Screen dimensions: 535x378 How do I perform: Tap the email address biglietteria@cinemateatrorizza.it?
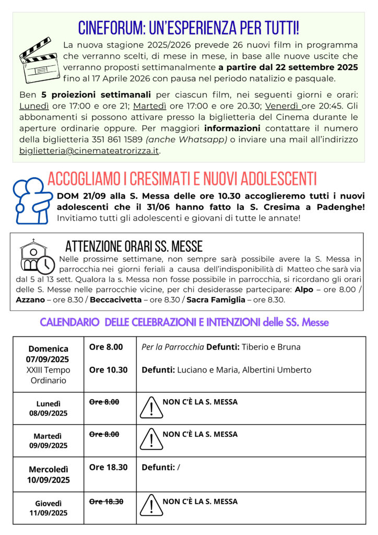[89, 151]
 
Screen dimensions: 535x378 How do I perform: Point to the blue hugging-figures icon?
[31, 200]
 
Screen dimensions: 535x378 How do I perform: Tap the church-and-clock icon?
[36, 257]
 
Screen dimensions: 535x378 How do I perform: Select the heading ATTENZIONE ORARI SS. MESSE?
[134, 246]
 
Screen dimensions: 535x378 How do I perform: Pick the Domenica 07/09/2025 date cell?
[49, 364]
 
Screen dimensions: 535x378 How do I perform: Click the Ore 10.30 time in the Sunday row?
[108, 370]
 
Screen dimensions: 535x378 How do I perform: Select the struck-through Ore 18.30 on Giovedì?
[106, 502]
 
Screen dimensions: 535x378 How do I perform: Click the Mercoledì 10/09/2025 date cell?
[49, 474]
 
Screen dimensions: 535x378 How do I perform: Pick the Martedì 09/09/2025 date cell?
[49, 441]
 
